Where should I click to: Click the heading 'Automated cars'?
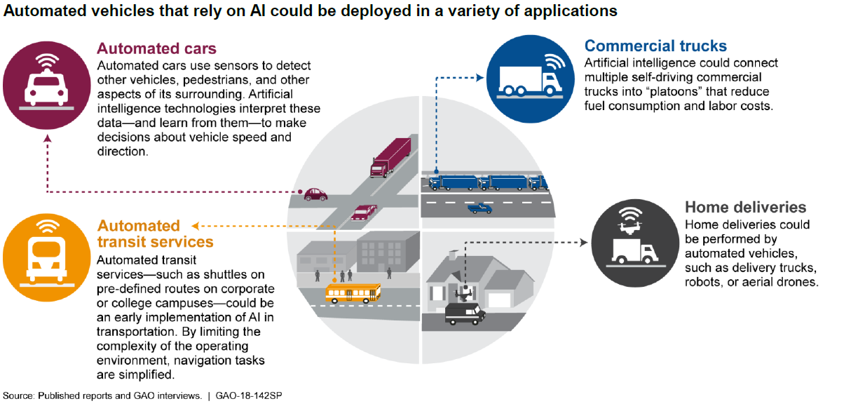coord(156,49)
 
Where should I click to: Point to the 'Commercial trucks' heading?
coord(655,46)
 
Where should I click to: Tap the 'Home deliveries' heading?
coord(745,208)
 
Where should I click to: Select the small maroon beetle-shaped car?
coord(314,194)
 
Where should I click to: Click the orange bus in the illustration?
coord(353,292)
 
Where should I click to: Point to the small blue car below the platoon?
coord(479,208)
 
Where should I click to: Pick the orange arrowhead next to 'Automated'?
coord(196,226)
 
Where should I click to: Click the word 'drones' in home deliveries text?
coord(800,282)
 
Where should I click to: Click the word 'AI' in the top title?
coord(261,11)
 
